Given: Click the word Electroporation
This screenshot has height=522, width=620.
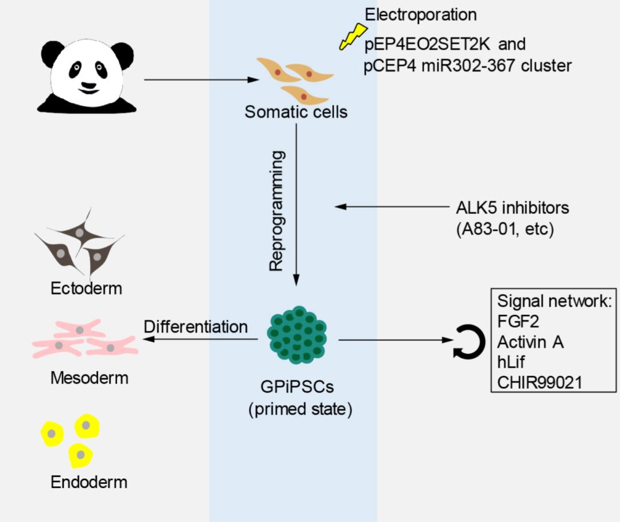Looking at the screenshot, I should coord(421,14).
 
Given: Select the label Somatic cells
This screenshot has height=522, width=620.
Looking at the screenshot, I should coord(296,111).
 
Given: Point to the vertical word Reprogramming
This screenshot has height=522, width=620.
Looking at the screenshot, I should coord(277,211).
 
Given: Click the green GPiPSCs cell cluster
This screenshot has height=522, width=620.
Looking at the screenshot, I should coord(297,335).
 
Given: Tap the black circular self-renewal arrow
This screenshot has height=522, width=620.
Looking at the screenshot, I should coord(470,343).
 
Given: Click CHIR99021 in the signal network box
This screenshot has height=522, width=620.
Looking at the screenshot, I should coord(539,381).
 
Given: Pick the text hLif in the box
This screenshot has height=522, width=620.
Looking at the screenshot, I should coord(512,362).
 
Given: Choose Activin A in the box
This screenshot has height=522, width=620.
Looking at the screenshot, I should coord(530,342).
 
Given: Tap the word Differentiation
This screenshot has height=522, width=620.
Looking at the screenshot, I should coord(196,327).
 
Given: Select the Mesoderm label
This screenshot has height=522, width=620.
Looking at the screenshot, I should coord(89,378).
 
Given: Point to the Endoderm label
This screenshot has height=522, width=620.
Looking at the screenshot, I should coord(89,482).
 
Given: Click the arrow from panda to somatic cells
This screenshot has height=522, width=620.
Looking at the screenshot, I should coord(201,80).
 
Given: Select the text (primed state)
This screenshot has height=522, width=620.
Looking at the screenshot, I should coord(300,410).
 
